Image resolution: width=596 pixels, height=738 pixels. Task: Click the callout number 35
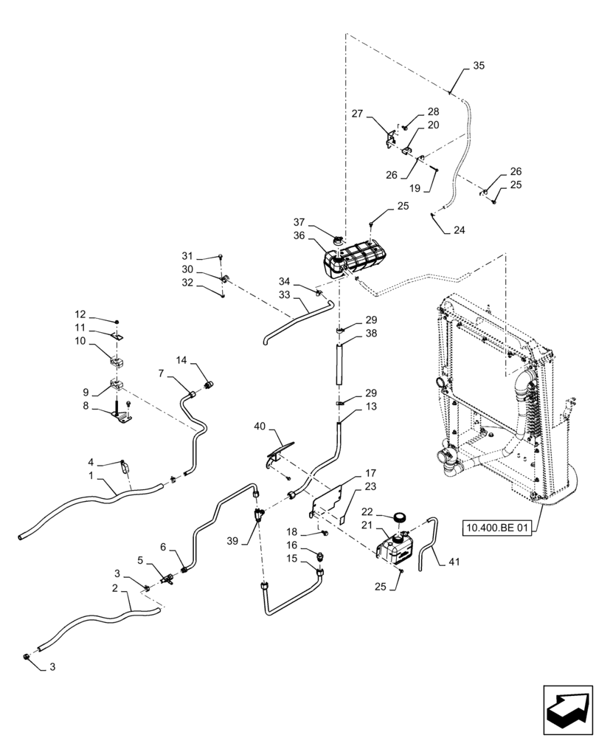coord(479,66)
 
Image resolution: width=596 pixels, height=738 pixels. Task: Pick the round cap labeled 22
coord(401,517)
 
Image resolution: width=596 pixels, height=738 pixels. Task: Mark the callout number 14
coord(181,359)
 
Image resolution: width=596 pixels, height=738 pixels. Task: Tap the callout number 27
coord(358,114)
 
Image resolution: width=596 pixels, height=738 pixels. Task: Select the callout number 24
coord(460,230)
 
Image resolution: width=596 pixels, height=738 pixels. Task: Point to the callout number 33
coord(285,293)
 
